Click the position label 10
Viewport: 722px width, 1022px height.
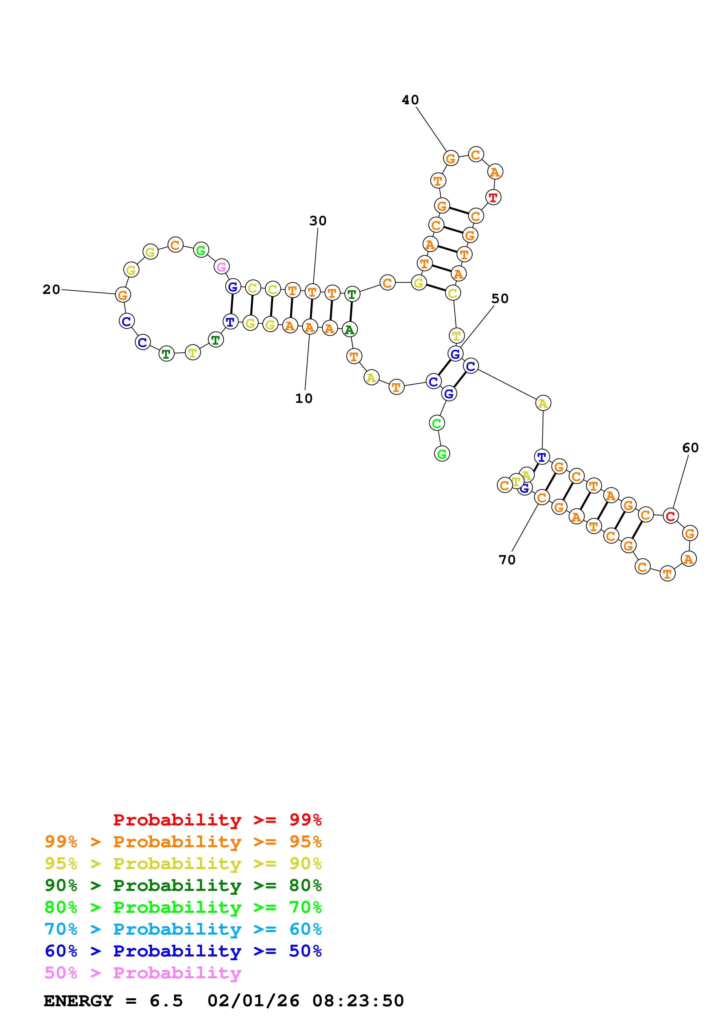304,398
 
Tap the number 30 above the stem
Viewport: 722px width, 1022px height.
318,221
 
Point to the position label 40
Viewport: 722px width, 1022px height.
410,100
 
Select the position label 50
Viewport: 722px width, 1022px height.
499,299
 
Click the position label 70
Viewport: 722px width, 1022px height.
507,560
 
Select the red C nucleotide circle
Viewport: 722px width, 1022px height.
670,516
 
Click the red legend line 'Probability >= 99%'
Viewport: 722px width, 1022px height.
217,820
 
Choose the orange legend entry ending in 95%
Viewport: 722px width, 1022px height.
183,842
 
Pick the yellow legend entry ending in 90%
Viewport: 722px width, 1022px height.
183,864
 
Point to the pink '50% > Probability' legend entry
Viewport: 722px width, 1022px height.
143,972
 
